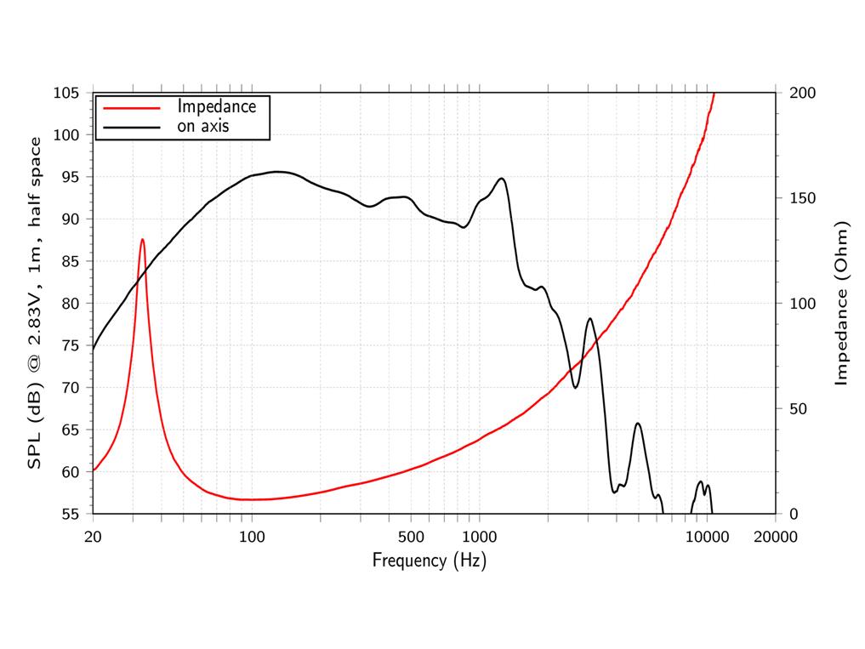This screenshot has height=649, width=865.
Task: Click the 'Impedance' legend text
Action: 217,106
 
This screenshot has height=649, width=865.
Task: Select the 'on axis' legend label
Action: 203,127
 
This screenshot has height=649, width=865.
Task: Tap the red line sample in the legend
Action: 132,108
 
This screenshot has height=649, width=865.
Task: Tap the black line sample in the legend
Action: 132,128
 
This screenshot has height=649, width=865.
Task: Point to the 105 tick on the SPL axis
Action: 65,93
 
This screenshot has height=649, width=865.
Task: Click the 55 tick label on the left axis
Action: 70,514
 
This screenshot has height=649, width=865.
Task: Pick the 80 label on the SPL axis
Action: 70,303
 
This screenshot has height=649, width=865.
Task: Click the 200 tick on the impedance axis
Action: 802,93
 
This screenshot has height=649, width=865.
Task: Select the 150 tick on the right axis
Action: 802,198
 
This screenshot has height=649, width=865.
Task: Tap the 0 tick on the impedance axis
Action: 794,514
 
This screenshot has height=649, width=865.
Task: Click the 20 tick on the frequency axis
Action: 93,537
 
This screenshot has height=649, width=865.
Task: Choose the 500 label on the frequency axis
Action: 411,537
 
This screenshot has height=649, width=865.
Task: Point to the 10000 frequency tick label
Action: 708,537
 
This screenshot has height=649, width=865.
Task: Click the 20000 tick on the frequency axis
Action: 776,537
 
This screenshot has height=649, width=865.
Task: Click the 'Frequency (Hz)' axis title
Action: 430,561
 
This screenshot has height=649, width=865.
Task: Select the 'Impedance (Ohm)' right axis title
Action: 840,303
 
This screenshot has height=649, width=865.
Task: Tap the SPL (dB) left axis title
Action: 34,303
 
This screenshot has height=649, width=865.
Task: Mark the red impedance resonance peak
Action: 142,240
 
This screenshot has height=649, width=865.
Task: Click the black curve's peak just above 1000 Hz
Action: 502,179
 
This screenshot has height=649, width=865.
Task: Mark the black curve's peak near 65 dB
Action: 638,424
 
